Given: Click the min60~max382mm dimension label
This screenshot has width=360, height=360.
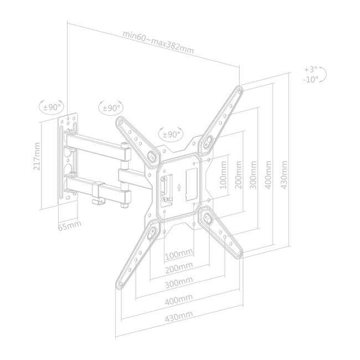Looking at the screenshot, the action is coord(158,42).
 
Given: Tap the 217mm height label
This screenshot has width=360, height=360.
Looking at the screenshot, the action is coord(37,156).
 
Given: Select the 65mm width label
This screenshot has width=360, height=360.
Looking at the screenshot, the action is coord(69,225).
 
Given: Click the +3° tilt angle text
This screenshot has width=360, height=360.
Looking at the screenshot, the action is coord(311,69).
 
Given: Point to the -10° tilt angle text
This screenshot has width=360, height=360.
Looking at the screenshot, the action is coord(310,79).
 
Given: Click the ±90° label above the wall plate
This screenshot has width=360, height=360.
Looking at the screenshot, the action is coord(52,107).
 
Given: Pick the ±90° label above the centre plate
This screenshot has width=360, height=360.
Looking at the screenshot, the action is coord(171,135).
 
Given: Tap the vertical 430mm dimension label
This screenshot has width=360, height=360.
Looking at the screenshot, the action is coord(284,175).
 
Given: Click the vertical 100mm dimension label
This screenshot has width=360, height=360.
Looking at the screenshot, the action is coord(223,175).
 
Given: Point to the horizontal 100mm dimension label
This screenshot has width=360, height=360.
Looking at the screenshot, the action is coord(179,254).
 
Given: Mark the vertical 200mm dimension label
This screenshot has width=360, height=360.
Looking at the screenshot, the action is coord(238,175).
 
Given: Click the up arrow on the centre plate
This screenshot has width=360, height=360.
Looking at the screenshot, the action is coord(179,188).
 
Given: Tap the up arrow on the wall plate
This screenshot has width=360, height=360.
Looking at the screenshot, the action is coord(68,119).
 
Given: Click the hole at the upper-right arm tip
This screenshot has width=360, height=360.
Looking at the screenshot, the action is coord(239,92).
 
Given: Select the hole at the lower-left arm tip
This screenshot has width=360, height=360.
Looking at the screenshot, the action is coord(121,284).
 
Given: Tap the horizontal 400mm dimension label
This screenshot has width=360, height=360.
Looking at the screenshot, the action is coord(179,300).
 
